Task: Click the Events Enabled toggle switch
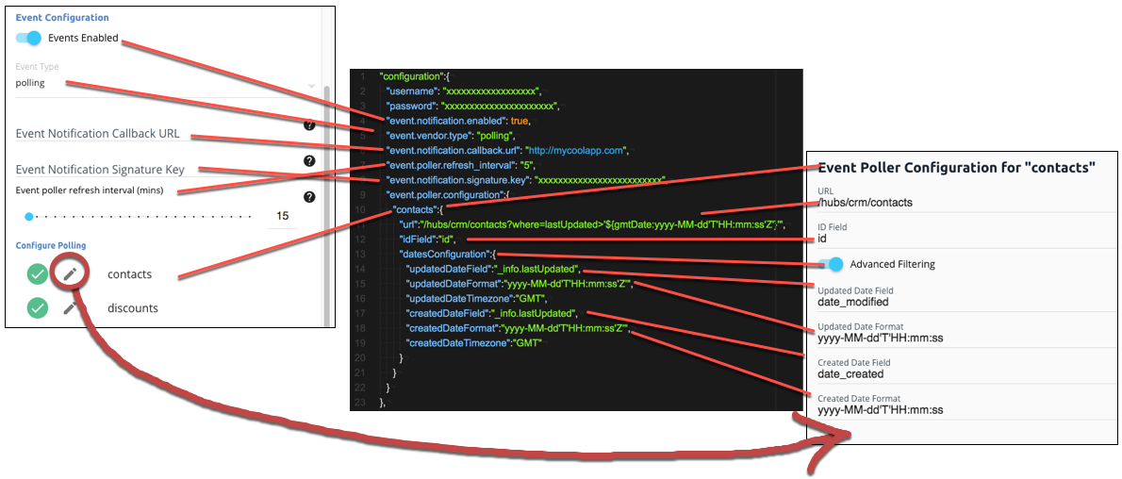[29, 38]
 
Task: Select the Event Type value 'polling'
[30, 83]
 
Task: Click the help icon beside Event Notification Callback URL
[308, 124]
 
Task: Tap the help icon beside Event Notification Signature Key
[308, 160]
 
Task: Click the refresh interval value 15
[282, 216]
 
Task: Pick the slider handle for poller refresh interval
[29, 216]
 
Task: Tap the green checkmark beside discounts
[37, 307]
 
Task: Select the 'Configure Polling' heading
[51, 245]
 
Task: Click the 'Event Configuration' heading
[62, 17]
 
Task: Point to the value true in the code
[520, 121]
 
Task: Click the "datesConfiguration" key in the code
[444, 255]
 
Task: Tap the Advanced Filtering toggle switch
[829, 264]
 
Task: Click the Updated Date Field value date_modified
[852, 302]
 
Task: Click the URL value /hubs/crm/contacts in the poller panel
[865, 202]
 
